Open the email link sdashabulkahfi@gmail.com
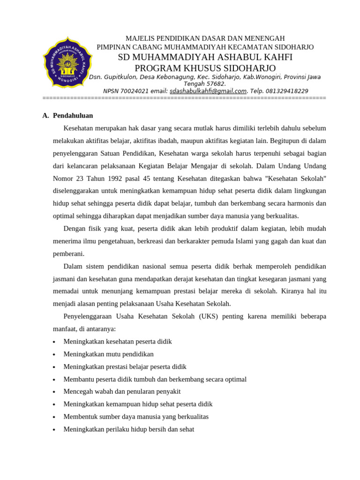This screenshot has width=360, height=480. (x=208, y=91)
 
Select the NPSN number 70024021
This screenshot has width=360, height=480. (x=134, y=91)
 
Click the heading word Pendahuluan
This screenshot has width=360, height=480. (x=73, y=115)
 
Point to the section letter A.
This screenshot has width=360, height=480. (x=45, y=115)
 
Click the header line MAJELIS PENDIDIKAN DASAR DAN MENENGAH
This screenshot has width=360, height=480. (x=205, y=38)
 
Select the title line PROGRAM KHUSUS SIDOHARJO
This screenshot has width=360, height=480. (x=205, y=68)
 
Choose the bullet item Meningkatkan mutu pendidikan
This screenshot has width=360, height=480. (x=108, y=354)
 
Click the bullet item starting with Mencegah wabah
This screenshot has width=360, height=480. (x=122, y=391)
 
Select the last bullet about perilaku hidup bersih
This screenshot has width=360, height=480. (x=128, y=429)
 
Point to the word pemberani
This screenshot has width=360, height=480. (x=68, y=254)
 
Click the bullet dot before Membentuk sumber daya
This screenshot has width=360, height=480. (x=55, y=417)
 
